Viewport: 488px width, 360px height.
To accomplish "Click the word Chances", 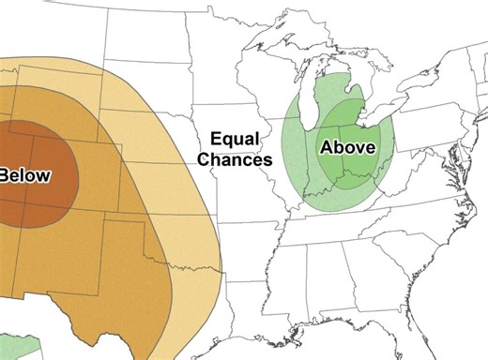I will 235,159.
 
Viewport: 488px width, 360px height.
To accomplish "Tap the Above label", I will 347,147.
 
